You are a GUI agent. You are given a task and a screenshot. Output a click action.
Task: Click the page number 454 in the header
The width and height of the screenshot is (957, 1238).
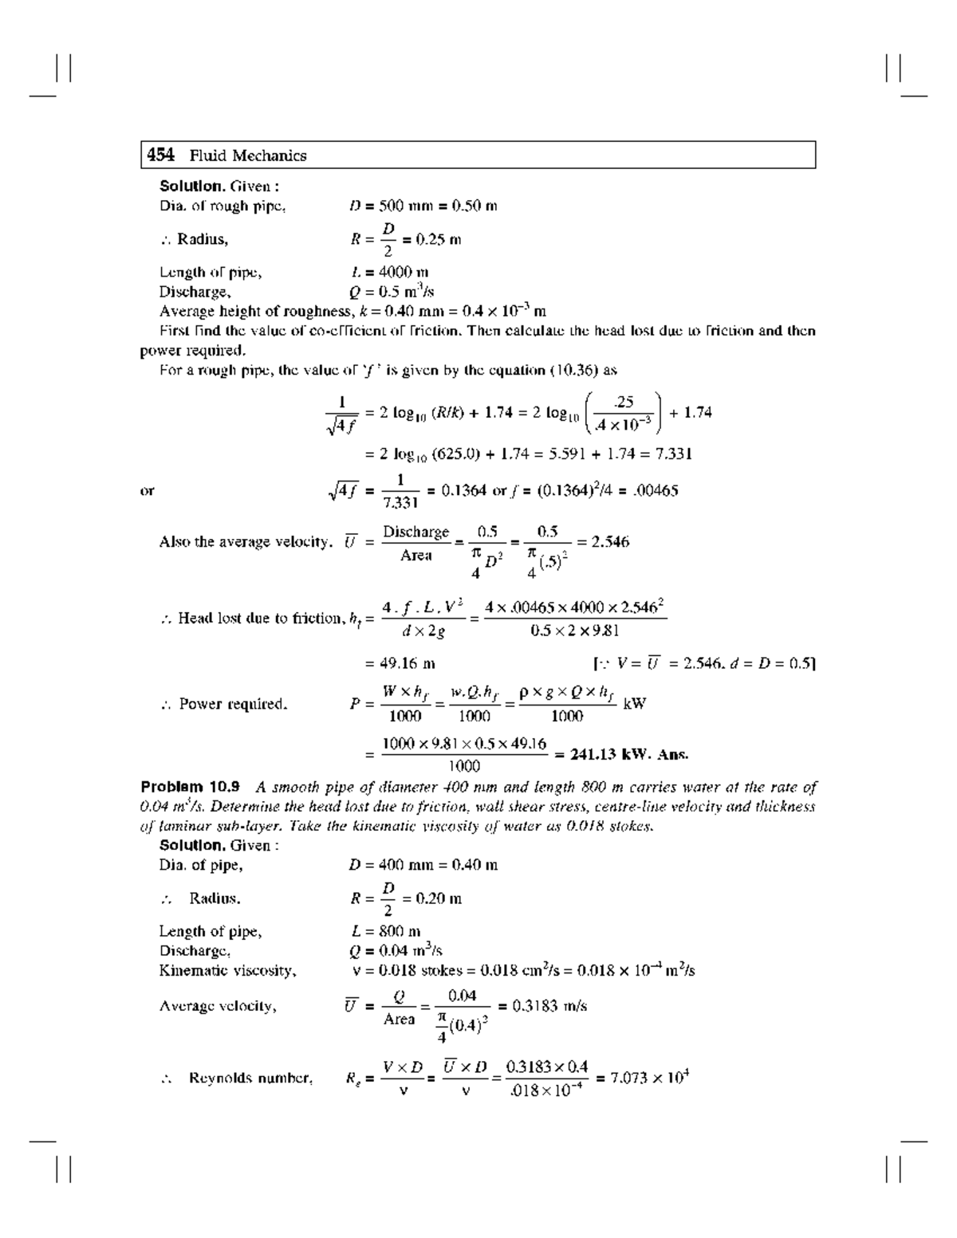pyautogui.click(x=160, y=155)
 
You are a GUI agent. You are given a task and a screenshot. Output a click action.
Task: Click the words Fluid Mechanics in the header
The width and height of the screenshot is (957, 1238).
pyautogui.click(x=248, y=155)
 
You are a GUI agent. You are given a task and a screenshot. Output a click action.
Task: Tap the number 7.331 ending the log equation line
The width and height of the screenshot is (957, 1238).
pyautogui.click(x=673, y=454)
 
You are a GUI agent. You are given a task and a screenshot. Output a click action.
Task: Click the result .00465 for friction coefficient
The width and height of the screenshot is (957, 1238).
pyautogui.click(x=655, y=490)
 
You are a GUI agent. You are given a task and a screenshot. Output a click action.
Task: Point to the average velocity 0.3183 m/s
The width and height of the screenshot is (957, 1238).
pyautogui.click(x=542, y=1006)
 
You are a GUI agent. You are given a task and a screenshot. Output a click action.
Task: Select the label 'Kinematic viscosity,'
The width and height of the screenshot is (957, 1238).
pyautogui.click(x=227, y=970)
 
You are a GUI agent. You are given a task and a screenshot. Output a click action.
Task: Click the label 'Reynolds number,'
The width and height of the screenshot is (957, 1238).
pyautogui.click(x=250, y=1079)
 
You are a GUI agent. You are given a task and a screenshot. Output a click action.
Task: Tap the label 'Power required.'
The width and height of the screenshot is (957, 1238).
pyautogui.click(x=232, y=704)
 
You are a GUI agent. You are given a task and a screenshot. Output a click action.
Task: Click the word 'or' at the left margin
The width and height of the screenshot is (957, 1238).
pyautogui.click(x=147, y=491)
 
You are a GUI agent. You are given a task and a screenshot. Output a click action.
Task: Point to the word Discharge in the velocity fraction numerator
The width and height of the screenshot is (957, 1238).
pyautogui.click(x=415, y=532)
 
